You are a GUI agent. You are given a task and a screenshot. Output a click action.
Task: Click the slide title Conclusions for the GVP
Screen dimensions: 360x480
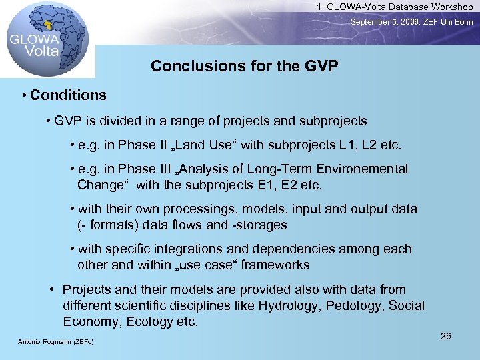tap(244, 67)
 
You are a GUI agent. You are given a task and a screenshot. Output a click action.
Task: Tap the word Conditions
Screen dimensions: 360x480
tap(68, 95)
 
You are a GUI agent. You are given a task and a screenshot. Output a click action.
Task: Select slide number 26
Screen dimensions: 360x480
tap(446, 336)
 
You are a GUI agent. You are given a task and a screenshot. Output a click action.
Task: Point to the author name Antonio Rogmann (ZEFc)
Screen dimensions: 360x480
tap(55, 342)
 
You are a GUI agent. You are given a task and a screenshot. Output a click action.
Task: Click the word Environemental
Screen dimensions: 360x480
tap(359, 169)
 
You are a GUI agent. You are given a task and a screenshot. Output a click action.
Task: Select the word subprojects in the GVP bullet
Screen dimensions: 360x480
tap(333, 121)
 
